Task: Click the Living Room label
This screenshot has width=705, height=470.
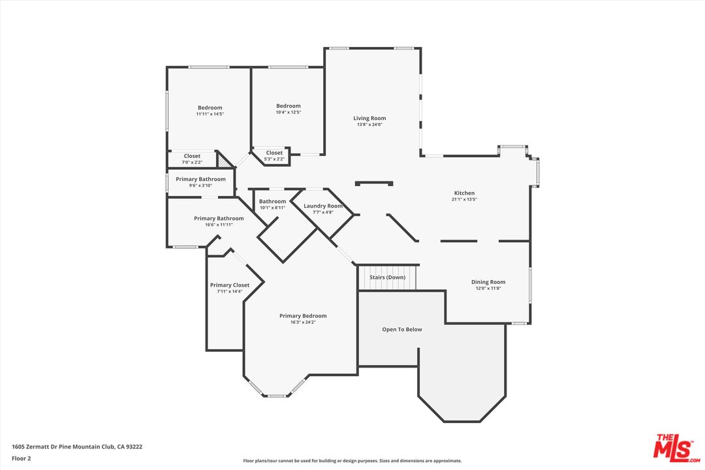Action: click(x=369, y=118)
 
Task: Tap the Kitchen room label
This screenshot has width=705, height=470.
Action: click(x=464, y=193)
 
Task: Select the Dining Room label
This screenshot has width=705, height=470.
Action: click(x=488, y=282)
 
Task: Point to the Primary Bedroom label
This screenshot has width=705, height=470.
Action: click(x=303, y=316)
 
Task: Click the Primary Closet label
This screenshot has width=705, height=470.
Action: click(x=229, y=285)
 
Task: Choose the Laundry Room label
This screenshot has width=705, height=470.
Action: click(x=322, y=206)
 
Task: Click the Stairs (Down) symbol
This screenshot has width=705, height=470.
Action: click(x=387, y=277)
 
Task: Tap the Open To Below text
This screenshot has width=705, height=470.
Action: click(x=401, y=330)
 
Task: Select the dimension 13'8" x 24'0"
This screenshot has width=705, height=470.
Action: click(x=369, y=125)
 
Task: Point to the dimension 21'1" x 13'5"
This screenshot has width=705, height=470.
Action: click(x=464, y=200)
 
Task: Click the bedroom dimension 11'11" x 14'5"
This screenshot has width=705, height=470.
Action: click(x=210, y=114)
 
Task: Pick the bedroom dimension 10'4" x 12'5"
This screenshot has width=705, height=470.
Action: click(x=288, y=112)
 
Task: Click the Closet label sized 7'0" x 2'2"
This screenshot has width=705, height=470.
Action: click(x=192, y=156)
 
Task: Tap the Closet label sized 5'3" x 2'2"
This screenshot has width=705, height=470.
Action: click(x=274, y=153)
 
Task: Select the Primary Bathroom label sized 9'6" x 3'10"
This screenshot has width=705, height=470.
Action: click(x=200, y=180)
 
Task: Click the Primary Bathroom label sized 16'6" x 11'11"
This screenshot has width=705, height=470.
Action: click(x=219, y=219)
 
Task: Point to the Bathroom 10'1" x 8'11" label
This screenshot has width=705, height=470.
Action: click(x=272, y=202)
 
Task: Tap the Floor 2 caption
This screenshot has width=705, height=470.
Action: click(x=22, y=458)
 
